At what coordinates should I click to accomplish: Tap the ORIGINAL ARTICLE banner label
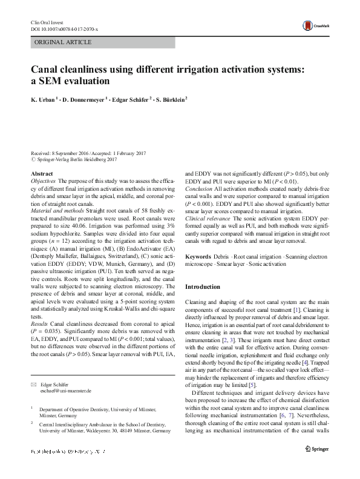64,42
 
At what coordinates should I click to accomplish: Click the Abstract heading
42,174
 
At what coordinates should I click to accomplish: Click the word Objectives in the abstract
43,182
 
